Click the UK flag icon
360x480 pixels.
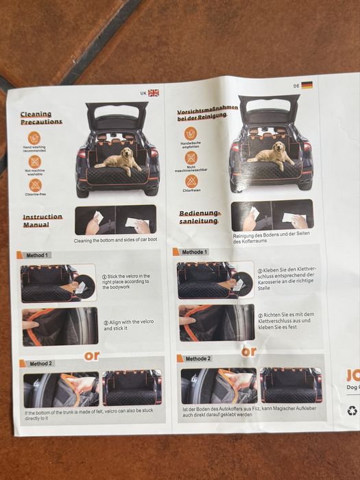pos(153,93)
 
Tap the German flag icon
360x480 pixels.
pos(307,85)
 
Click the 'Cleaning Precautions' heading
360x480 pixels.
pos(40,118)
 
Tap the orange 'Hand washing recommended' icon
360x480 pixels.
pos(34,137)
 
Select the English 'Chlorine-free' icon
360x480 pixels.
pos(34,184)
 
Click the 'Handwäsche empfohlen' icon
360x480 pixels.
pos(191,133)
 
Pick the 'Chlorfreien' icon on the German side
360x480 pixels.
pos(191,181)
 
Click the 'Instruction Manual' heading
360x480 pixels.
pos(42,220)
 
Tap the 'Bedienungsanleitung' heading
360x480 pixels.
pos(199,217)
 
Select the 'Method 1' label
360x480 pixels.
pos(38,255)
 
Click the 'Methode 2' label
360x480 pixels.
pos(197,358)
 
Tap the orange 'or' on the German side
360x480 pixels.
pos(249,351)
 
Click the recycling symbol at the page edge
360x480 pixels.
pos(352,411)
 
